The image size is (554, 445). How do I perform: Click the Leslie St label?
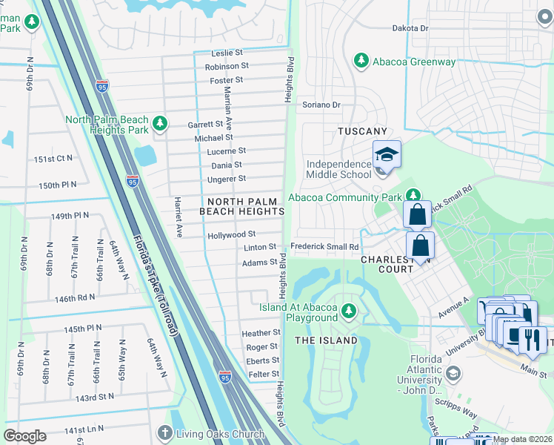227,53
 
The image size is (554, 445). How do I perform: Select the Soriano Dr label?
321,105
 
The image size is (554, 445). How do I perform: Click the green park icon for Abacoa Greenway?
361,60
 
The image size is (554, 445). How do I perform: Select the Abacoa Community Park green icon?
413,196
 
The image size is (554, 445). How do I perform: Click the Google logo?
24,436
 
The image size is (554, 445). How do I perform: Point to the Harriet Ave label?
178,217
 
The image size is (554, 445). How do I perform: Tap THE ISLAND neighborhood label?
327,340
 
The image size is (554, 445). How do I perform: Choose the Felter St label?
263,375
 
